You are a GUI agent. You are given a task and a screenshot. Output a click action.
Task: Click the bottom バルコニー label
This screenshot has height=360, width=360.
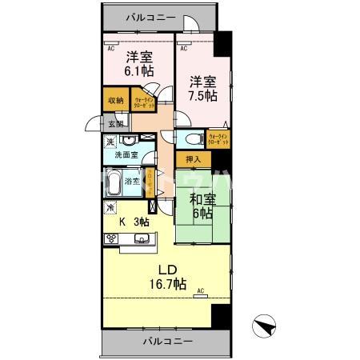(x=168, y=342)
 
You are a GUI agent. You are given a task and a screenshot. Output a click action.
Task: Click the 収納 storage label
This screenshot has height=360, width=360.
(x=114, y=101)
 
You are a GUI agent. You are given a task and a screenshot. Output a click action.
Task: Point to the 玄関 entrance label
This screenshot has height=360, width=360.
(x=116, y=124)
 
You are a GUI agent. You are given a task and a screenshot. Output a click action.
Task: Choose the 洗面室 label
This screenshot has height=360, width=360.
(x=126, y=154)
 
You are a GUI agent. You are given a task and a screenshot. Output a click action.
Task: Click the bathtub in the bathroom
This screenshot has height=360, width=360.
(x=114, y=183)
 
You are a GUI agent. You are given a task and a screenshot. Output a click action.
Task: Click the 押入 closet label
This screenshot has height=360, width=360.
(x=192, y=160)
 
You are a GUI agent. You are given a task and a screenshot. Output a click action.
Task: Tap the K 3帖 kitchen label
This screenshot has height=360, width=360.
(x=134, y=222)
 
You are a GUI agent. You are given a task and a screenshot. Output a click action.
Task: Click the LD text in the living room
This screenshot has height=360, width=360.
(x=166, y=269)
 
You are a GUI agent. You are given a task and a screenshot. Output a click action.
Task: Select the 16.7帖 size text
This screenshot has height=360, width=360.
(x=168, y=284)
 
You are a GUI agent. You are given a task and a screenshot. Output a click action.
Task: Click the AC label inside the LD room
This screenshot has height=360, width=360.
(x=200, y=290)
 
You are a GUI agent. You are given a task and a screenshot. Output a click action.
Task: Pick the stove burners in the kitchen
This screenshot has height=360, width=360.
(x=110, y=240)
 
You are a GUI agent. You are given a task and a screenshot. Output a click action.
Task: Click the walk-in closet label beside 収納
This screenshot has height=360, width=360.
(x=145, y=102)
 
